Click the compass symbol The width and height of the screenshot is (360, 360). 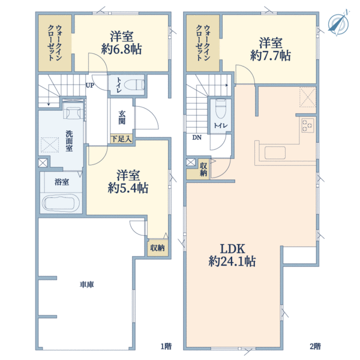(x=338, y=23)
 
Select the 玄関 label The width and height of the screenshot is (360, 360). (x=122, y=118)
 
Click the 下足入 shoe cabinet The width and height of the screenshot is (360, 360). (x=122, y=139)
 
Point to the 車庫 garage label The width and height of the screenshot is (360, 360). (x=87, y=284)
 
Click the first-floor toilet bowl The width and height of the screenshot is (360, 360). (x=134, y=85)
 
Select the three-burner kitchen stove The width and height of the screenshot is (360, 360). (x=307, y=125)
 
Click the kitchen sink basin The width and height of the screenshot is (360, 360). (x=275, y=152)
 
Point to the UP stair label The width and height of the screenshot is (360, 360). (x=90, y=85)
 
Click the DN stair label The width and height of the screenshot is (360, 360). (x=197, y=137)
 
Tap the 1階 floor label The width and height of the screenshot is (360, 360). (x=166, y=346)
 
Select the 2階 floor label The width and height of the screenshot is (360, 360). (x=315, y=346)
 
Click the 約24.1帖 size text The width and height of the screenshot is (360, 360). (x=232, y=261)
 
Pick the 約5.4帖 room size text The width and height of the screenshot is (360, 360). (x=128, y=188)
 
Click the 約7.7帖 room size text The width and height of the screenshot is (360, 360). (x=271, y=56)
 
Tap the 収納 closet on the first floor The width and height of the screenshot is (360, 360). (x=157, y=248)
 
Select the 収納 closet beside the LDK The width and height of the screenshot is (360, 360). (x=203, y=169)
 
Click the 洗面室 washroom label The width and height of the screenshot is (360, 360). (x=69, y=141)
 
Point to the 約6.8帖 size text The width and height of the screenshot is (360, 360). (x=121, y=49)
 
